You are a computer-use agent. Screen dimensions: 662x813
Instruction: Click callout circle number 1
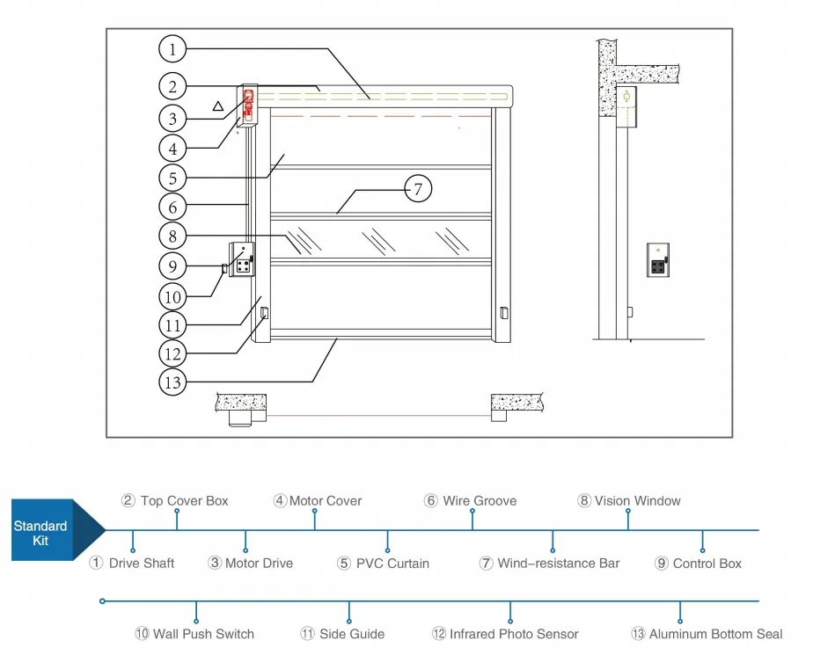[x=173, y=49]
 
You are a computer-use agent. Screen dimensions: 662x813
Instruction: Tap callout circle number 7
[x=419, y=188]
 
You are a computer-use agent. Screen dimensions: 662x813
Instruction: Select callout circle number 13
[x=172, y=382]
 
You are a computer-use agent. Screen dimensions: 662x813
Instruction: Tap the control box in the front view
[x=241, y=260]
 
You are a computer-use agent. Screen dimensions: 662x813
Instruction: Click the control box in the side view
[x=658, y=260]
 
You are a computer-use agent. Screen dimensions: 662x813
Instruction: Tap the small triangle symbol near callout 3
[x=217, y=105]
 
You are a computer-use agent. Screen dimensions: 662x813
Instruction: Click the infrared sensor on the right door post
[x=504, y=312]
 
